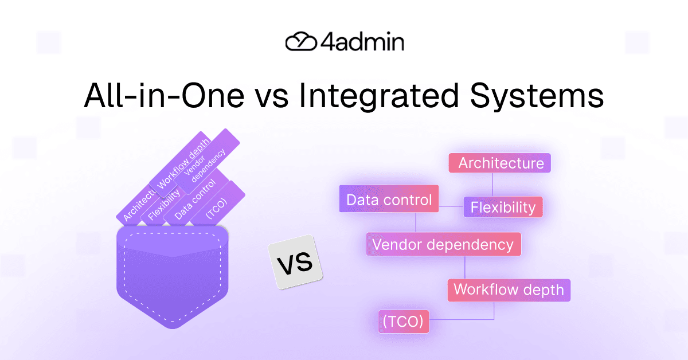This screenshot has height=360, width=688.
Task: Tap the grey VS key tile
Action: click(295, 263)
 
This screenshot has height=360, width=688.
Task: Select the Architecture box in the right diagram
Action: click(500, 163)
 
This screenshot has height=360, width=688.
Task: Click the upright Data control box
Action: click(389, 199)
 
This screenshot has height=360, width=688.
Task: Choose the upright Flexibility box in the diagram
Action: click(502, 207)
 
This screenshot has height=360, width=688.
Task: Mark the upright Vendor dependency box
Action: click(443, 244)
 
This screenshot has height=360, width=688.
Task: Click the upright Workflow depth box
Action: click(509, 289)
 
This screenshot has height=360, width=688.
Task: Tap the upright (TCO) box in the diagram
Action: click(403, 322)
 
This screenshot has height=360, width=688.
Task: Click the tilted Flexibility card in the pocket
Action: click(164, 205)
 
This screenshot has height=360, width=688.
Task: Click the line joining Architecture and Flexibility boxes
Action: click(493, 185)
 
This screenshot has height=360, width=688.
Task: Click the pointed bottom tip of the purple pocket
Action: click(173, 327)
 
